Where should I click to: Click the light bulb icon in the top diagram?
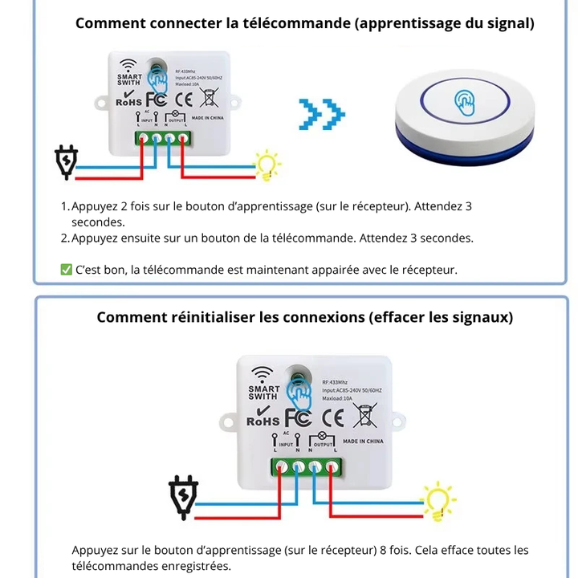pyautogui.click(x=267, y=165)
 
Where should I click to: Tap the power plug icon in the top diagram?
pyautogui.click(x=65, y=161)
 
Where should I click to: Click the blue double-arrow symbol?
pyautogui.click(x=321, y=115)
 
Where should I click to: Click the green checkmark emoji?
pyautogui.click(x=67, y=270)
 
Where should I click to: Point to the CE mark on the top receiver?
pyautogui.click(x=183, y=100)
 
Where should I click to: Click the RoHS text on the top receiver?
pyautogui.click(x=129, y=102)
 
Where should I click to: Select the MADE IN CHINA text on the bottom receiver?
pyautogui.click(x=363, y=442)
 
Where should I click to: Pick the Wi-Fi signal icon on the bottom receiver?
pyautogui.click(x=263, y=375)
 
